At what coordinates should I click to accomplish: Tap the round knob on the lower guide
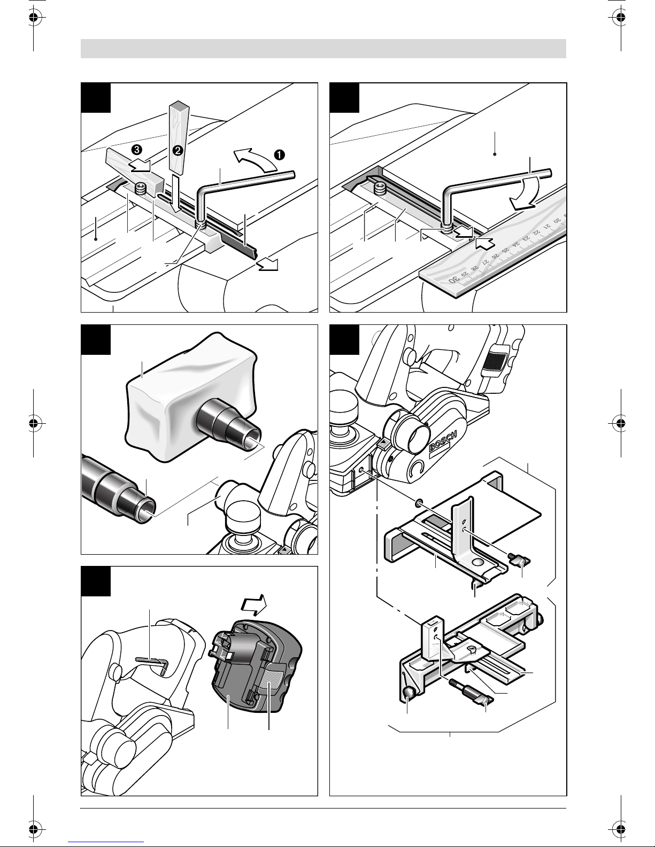(x=409, y=693)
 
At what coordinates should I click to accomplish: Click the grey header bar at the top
(x=323, y=48)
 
